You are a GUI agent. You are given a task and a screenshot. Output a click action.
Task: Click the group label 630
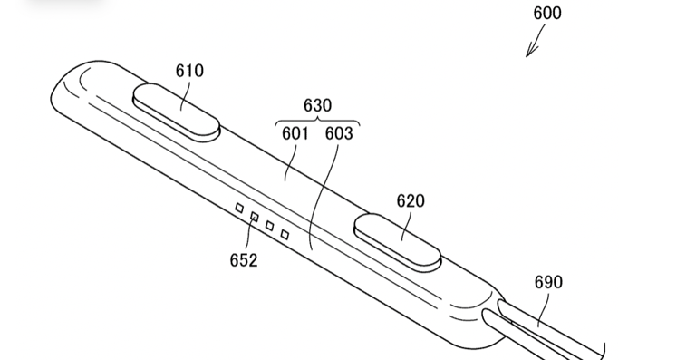pos(317,106)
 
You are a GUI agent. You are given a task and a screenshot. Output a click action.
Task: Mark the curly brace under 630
pos(317,122)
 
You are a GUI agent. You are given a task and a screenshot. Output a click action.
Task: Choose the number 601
pos(295,134)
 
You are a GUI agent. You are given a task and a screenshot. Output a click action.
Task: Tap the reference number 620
pos(411,201)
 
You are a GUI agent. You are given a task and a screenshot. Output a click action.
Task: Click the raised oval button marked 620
pos(398,242)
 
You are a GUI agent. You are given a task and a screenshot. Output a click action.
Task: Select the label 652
pos(243,260)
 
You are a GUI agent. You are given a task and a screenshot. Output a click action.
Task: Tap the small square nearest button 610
pos(240,209)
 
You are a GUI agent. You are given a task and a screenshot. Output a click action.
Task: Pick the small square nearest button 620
pos(285,234)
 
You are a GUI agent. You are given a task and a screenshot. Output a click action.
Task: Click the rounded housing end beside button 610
pos(68,86)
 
